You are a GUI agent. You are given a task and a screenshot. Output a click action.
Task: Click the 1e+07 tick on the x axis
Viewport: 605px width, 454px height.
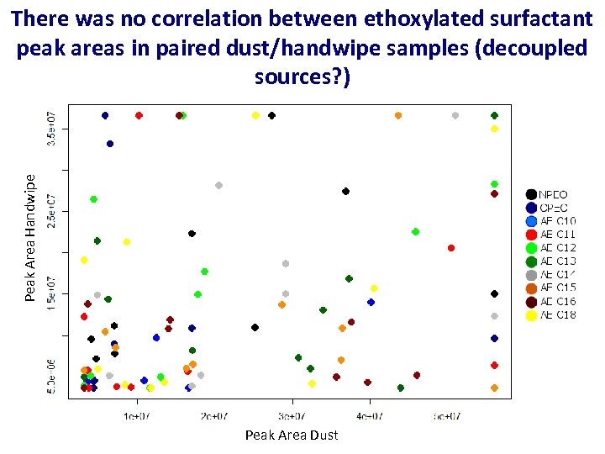click(x=137, y=415)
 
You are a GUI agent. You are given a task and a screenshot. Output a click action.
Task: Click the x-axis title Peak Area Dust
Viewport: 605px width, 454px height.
click(x=292, y=435)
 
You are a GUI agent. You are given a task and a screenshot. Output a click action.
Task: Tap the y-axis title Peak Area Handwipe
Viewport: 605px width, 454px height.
click(x=30, y=238)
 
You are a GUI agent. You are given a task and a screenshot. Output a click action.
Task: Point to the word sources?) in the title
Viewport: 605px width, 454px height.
click(x=302, y=77)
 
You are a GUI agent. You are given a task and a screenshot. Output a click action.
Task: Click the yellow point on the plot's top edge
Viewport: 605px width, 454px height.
click(x=255, y=115)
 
